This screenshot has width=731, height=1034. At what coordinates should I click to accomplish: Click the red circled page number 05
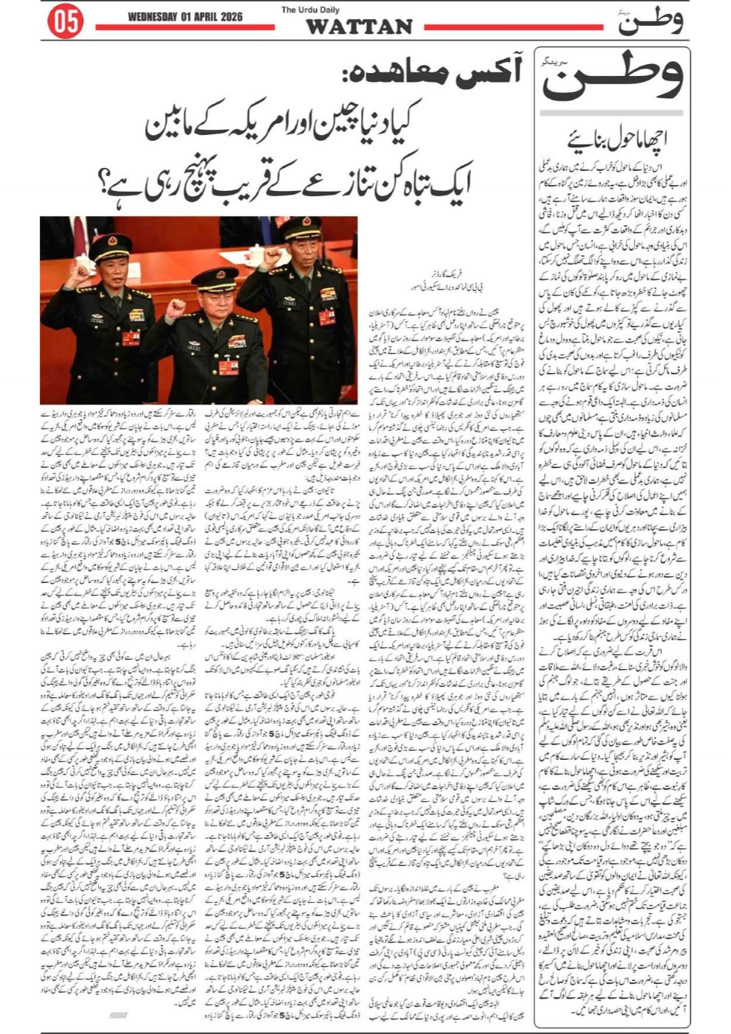(65, 23)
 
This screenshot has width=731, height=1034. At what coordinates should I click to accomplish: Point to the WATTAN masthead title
(359, 27)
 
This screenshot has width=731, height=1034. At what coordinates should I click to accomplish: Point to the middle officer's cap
(214, 278)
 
